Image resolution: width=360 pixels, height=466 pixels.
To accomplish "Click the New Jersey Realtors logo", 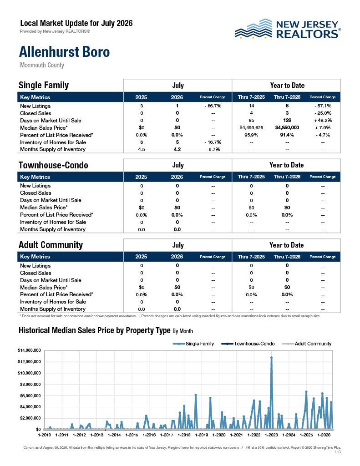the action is [288, 29].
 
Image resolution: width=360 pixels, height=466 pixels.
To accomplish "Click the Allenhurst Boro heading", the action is [64, 52].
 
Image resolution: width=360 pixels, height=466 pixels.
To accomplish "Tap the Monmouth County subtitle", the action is [42, 65].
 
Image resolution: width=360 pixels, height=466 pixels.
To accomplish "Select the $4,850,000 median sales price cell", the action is [287, 127].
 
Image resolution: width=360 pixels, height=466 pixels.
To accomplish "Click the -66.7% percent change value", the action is [213, 106].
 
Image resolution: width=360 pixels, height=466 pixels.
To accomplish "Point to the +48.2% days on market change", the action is [323, 120].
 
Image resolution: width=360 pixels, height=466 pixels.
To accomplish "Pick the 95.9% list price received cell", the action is [251, 135].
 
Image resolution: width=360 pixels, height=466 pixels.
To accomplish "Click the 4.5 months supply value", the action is [142, 149].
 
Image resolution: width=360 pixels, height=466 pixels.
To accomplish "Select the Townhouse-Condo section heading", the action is [53, 165].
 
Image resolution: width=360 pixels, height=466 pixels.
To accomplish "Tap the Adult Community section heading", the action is [51, 245].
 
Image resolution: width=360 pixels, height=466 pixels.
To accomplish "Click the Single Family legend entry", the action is [193, 344].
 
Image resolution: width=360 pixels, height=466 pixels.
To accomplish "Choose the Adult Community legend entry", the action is [306, 344].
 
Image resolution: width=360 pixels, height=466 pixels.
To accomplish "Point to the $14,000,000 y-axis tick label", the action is [29, 350].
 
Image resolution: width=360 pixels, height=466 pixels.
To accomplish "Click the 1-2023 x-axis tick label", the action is [271, 435].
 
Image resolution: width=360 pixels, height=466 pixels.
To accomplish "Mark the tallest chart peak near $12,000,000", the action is [271, 358].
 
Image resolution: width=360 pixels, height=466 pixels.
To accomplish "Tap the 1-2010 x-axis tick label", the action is [44, 435].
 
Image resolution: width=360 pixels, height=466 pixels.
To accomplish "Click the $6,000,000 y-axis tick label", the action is [30, 395].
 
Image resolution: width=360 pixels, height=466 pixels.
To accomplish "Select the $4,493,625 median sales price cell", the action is [251, 127].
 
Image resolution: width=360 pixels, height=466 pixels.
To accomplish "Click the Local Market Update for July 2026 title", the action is [76, 23].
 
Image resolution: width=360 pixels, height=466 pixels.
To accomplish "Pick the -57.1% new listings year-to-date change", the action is [323, 106].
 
